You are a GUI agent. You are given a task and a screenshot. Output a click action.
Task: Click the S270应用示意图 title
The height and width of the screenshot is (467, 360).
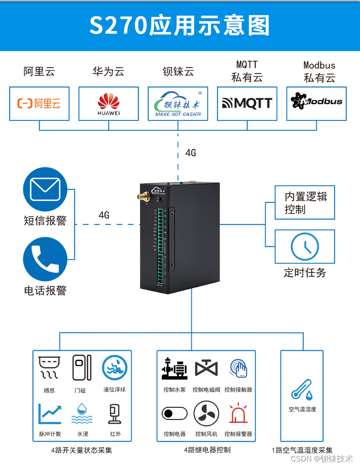180,26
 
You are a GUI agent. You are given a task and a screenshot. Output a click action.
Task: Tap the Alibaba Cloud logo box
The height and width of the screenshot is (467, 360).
39,104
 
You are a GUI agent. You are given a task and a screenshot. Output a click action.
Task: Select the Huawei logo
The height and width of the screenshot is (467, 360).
108,104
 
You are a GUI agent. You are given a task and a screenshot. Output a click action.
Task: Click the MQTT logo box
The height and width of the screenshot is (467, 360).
247,104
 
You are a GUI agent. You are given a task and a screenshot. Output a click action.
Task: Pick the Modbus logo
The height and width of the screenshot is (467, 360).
316,102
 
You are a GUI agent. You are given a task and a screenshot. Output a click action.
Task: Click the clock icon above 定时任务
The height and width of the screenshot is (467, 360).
304,246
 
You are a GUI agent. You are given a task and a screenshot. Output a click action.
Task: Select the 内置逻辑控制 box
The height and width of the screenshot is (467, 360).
304,202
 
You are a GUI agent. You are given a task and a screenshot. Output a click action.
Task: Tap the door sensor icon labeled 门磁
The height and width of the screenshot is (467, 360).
82,368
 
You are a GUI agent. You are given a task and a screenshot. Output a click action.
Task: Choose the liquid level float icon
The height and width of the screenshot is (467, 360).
114,368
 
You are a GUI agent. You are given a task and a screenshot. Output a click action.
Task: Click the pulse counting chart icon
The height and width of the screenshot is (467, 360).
49,414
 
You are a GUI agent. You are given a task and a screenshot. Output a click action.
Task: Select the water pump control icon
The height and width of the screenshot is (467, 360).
175,368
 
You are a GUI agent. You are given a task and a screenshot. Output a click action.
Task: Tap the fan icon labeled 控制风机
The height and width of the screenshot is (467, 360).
206,414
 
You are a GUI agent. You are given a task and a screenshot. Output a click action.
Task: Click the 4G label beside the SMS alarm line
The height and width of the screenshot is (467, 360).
104,215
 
